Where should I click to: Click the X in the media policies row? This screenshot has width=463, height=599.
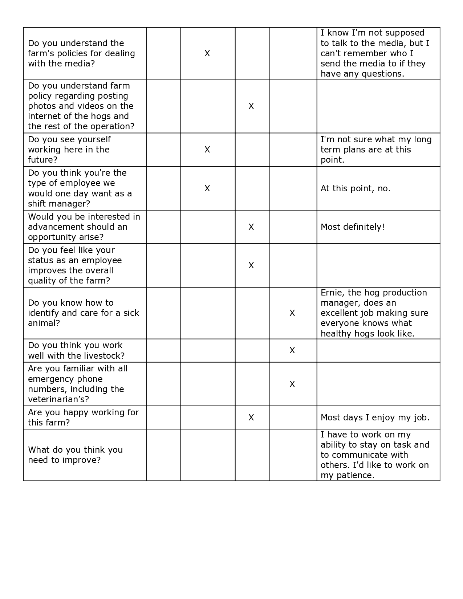pos(207,54)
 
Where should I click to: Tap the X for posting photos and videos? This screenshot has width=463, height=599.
pos(251,106)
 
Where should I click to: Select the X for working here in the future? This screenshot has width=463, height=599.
pos(207,150)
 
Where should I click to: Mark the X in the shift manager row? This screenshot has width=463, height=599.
pos(207,188)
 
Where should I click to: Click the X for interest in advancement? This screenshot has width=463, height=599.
pos(251,227)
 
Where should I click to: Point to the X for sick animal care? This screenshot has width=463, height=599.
pos(292,313)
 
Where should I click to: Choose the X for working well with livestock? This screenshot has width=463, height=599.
pos(292,350)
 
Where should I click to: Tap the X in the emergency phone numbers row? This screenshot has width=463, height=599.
pos(292,384)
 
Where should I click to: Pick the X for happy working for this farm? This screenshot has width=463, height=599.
pos(251,417)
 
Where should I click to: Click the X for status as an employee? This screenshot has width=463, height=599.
pos(251,265)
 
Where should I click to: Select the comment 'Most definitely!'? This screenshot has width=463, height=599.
pos(352,227)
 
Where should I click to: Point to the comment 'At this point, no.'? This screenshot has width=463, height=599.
pos(355,188)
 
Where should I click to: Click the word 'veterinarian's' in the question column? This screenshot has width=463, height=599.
pos(58,399)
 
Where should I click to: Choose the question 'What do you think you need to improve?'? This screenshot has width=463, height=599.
pos(75,455)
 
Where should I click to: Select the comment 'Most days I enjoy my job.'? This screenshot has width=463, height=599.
pos(375,417)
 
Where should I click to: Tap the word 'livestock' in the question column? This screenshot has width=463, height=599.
pos(102,355)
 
